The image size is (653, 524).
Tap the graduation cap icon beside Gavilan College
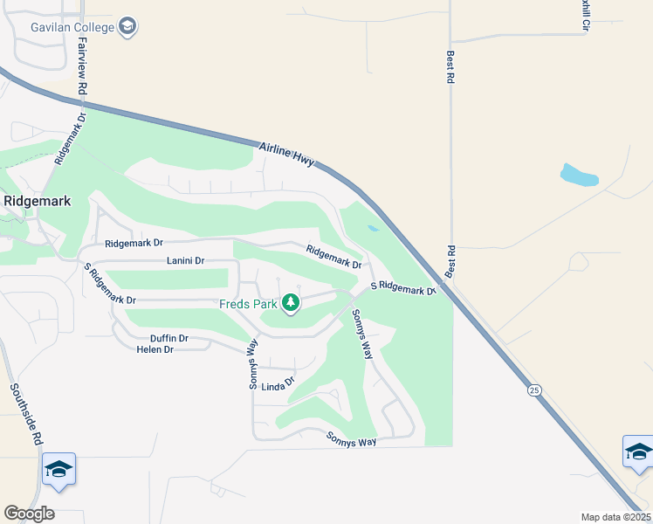[127, 27]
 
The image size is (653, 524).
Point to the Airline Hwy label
[286, 155]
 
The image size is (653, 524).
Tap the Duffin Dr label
[169, 338]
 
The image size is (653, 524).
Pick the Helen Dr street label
[155, 349]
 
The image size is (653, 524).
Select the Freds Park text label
[247, 304]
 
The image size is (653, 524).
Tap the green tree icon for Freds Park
[290, 304]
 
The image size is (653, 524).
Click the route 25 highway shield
[533, 390]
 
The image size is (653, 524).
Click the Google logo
[29, 514]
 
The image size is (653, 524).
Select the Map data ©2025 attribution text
[615, 517]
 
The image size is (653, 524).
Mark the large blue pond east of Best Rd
[579, 176]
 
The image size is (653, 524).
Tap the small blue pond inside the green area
[374, 229]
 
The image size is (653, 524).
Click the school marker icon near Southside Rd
[58, 470]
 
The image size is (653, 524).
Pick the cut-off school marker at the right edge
[638, 452]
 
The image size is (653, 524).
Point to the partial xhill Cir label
[588, 16]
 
